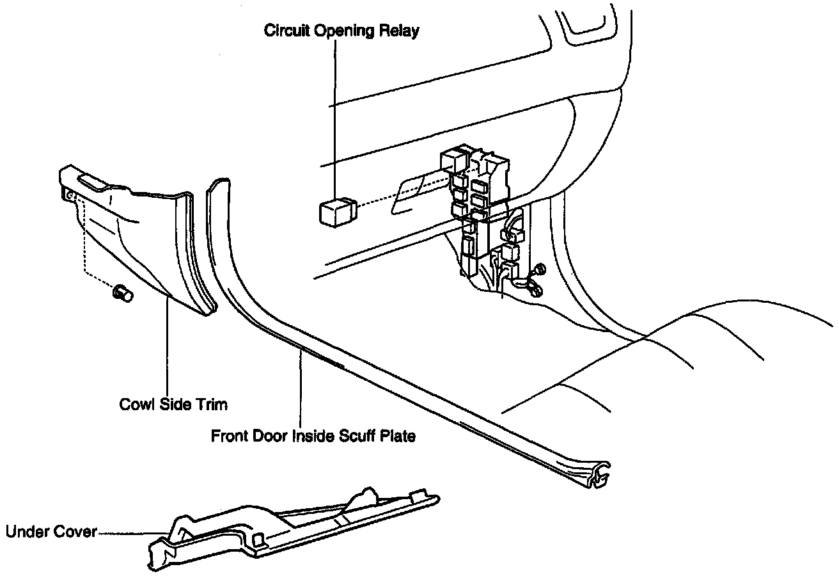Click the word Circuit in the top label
[x=286, y=31]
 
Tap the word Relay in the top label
[x=401, y=31]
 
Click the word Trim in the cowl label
[x=214, y=404]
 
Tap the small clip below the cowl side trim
[x=122, y=294]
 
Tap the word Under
[x=25, y=532]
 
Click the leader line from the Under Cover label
[x=128, y=532]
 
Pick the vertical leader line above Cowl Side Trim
[x=168, y=346]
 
